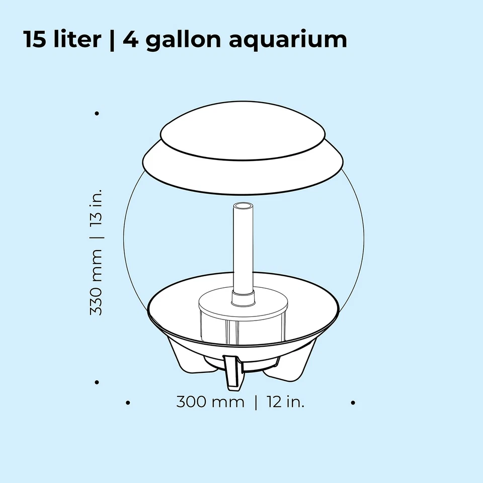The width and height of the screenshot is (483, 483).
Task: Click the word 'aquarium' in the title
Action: point(288,40)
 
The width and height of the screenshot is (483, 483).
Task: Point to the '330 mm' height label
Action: point(96,282)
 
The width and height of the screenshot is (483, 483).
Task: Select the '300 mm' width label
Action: point(210,403)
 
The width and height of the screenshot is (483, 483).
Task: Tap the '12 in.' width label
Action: point(286,403)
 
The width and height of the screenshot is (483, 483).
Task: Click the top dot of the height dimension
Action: point(97,113)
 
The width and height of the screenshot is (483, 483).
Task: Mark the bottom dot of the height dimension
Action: point(97,382)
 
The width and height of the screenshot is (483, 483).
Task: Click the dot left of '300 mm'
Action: point(128,403)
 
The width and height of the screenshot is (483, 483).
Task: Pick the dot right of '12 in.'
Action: point(353,403)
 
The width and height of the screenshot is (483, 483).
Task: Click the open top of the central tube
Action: point(243,206)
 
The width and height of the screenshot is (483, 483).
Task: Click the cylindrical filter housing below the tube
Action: point(243,322)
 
